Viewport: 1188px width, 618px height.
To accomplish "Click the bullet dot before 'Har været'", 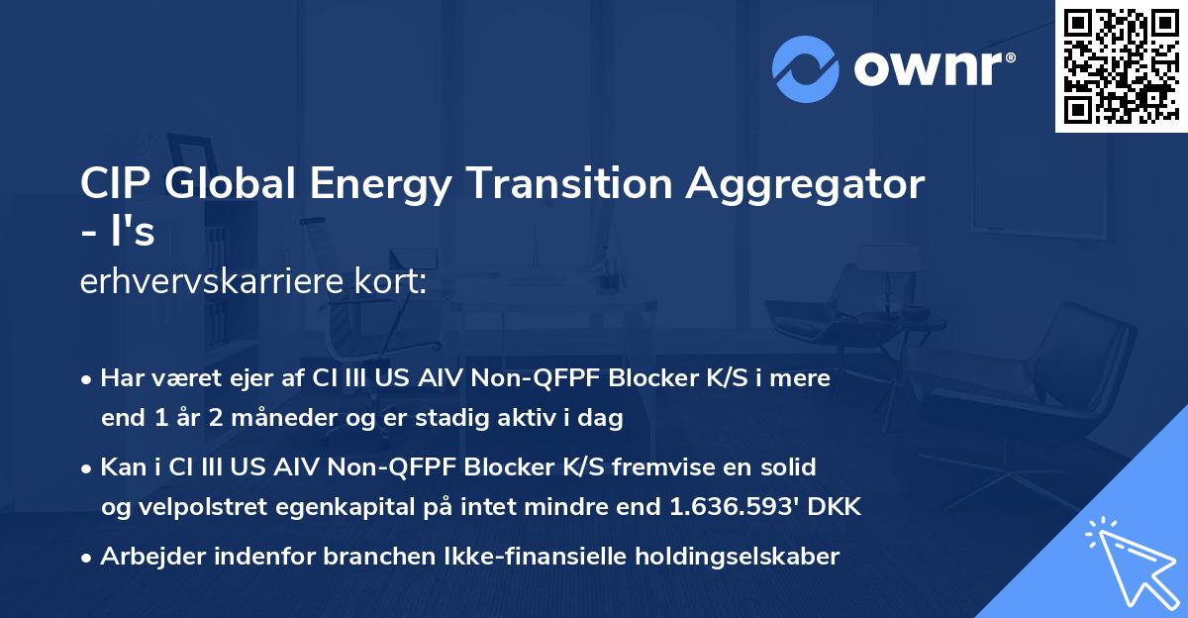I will (88, 379).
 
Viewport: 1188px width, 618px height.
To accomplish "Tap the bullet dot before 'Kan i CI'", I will (88, 467).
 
